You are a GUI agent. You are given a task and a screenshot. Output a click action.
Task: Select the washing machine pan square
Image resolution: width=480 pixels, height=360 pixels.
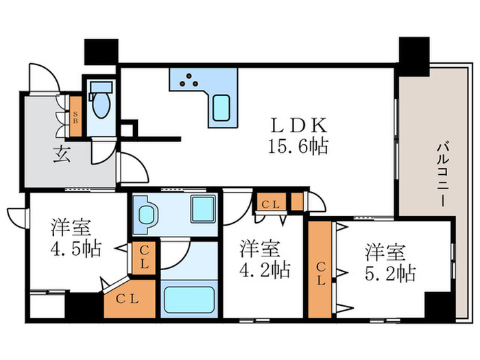tap(202, 208)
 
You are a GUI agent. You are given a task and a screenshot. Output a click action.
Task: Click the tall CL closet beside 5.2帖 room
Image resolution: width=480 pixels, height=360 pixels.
tap(320, 270)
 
